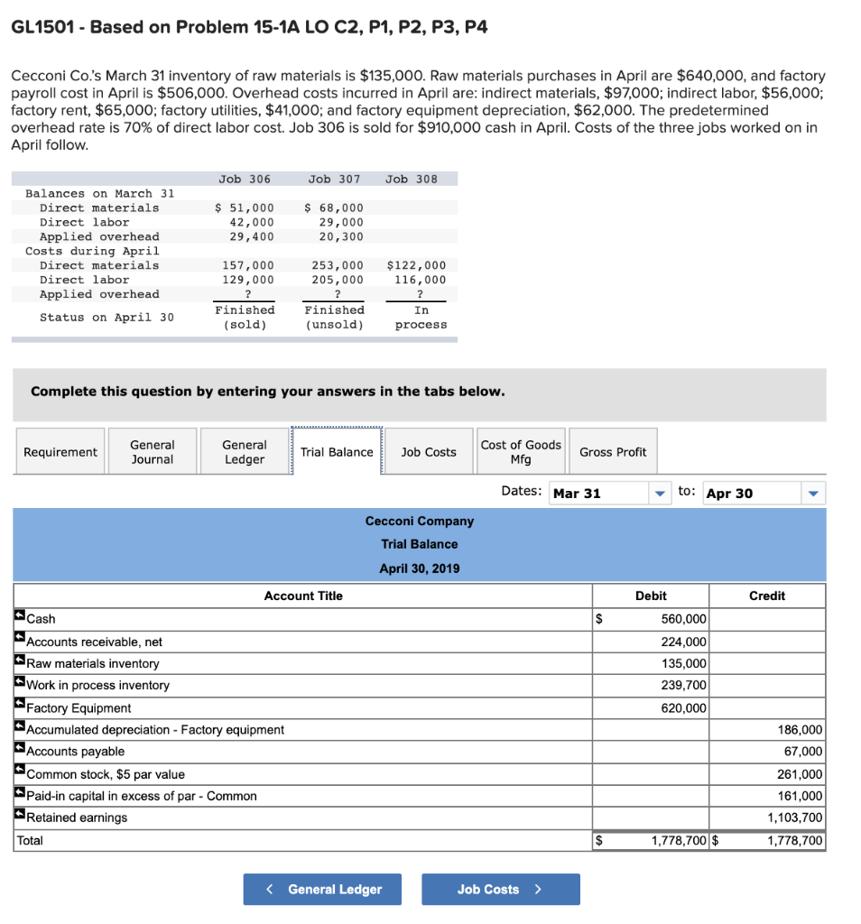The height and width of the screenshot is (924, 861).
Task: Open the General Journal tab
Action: tap(153, 452)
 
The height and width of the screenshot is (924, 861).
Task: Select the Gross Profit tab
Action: tap(613, 452)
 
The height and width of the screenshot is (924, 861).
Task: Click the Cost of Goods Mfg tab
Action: tap(521, 452)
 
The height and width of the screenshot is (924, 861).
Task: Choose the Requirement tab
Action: tap(60, 452)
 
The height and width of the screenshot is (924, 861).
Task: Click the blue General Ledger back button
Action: tap(322, 889)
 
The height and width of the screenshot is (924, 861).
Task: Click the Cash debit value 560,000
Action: tap(684, 619)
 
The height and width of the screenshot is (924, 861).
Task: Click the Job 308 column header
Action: tap(412, 179)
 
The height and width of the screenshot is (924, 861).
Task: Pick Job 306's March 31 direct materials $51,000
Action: tap(245, 208)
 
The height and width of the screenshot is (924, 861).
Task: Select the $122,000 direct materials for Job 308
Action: tap(416, 265)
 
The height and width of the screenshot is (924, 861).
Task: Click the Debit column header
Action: tap(651, 596)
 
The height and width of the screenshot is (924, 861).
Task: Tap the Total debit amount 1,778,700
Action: tap(679, 841)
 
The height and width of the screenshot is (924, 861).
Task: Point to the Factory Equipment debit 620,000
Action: tap(684, 708)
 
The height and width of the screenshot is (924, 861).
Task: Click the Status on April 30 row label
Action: tap(106, 317)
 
